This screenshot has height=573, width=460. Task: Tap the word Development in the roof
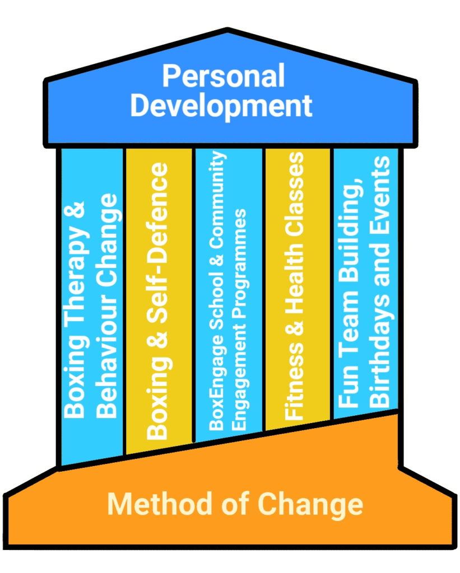221,106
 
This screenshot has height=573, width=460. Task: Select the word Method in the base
142,504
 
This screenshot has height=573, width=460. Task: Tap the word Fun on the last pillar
350,389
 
